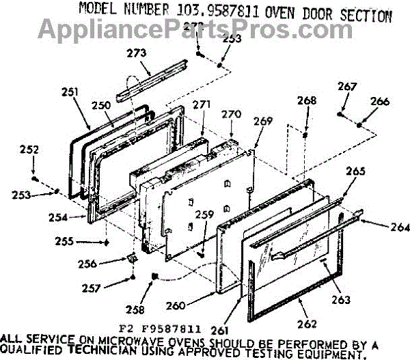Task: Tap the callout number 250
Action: tap(100, 105)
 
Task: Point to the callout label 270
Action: tap(232, 115)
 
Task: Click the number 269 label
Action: tap(263, 121)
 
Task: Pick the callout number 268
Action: tap(307, 100)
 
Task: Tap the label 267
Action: tap(347, 86)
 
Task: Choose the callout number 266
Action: tap(380, 101)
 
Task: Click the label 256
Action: tap(106, 264)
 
